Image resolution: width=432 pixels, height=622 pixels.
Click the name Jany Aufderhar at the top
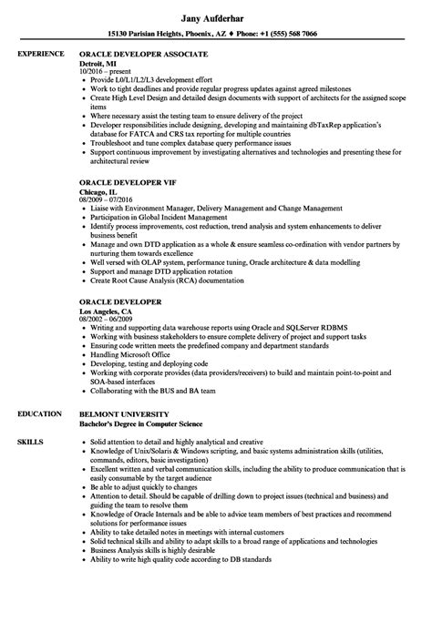(215, 15)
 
